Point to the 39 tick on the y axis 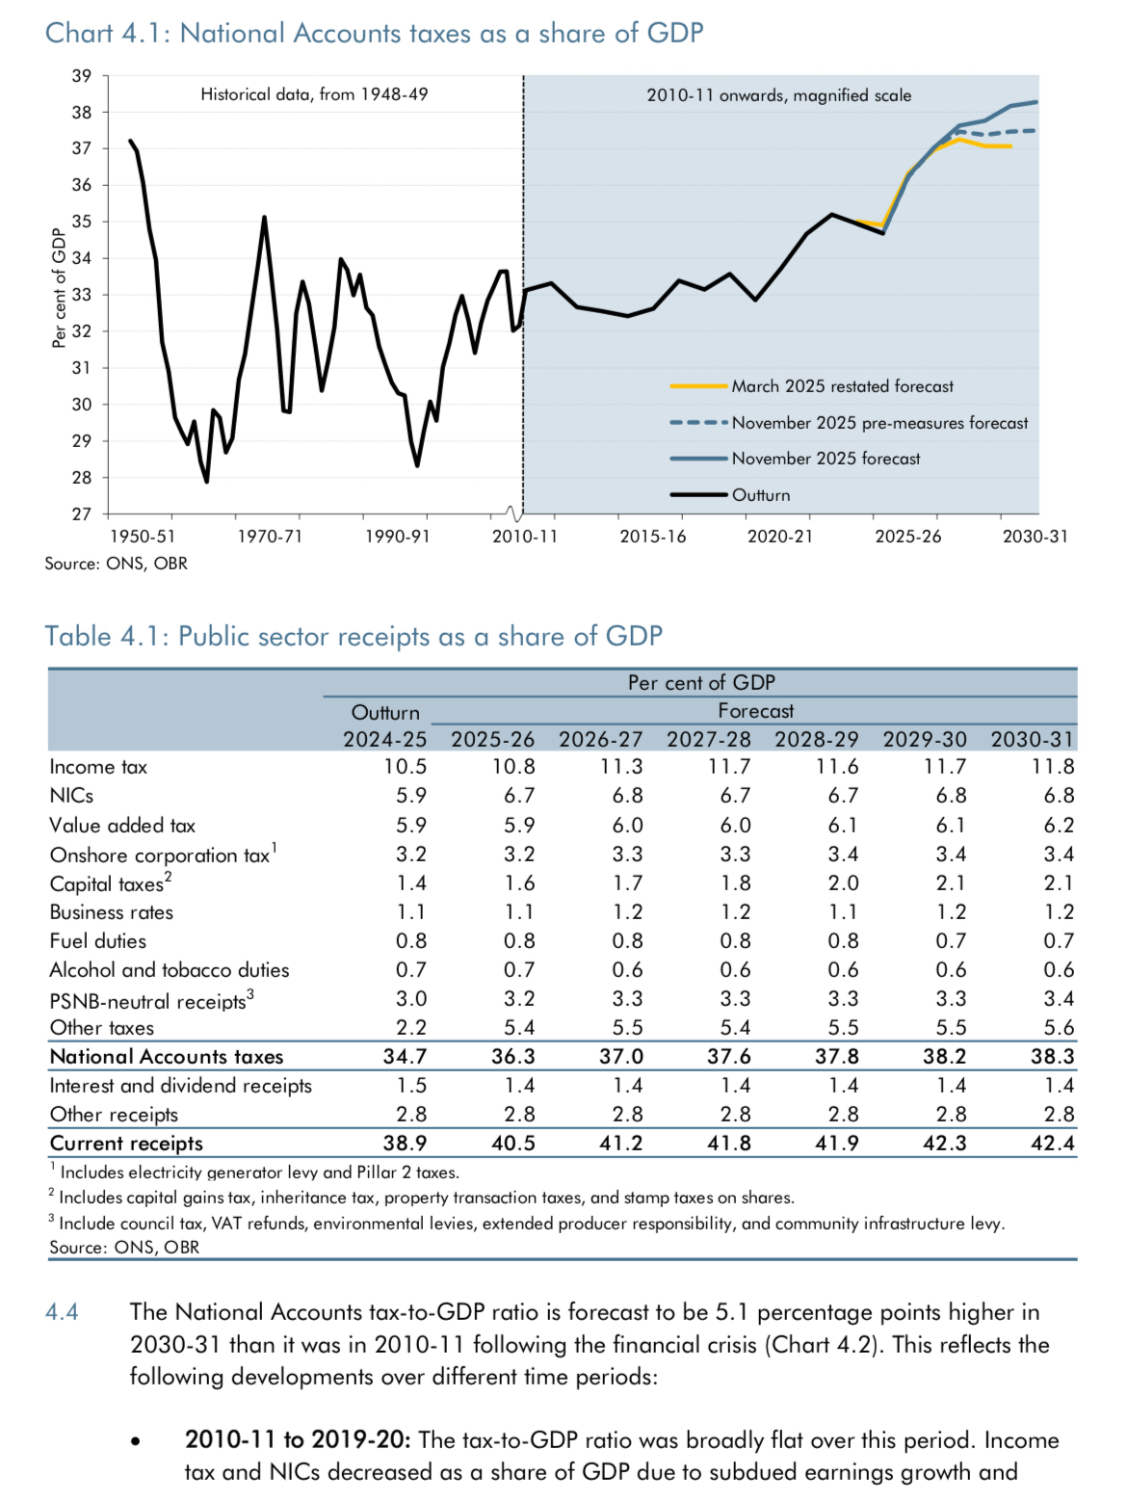(82, 76)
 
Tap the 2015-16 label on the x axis (653, 537)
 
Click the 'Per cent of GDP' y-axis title (60, 287)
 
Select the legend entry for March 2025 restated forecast (842, 386)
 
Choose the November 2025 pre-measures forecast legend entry (879, 423)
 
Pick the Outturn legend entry (760, 495)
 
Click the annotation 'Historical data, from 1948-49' (314, 94)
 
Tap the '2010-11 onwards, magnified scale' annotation (778, 95)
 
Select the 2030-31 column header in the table (1032, 739)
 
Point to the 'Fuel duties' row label (98, 941)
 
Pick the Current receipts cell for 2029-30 (944, 1144)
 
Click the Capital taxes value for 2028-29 (843, 883)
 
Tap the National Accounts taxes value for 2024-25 (405, 1057)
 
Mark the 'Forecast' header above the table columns (755, 711)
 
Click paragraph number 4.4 (62, 1312)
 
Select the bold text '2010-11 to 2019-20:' (298, 1440)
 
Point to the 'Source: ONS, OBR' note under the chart (116, 564)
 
